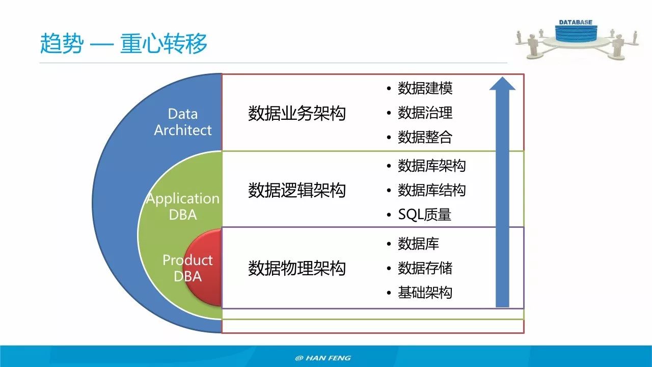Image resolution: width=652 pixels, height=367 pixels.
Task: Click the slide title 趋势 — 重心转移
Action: coord(124,44)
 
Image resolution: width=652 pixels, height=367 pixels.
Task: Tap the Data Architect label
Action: coord(182,122)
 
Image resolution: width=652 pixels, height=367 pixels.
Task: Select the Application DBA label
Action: coord(182,206)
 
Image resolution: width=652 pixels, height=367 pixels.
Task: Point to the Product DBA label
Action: coord(187,268)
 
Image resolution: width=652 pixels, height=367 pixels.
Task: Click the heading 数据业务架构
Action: coord(296,113)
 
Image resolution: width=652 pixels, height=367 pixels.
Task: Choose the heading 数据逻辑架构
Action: coord(296,191)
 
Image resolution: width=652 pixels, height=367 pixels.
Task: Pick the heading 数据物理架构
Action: coord(296,268)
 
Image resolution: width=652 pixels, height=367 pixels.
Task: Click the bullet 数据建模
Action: coord(425,88)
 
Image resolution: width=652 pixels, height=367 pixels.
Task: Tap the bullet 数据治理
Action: coord(425,113)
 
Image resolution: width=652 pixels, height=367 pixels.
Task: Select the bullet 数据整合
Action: coord(425,137)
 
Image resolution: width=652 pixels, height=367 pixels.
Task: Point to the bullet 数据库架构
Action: coord(431,166)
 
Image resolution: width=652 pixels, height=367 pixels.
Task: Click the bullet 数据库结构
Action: coord(431,190)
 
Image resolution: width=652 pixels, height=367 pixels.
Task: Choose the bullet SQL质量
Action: coord(424,215)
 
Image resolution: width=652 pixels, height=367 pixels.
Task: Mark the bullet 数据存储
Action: coord(425,268)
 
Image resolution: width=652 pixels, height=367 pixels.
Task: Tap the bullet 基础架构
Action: coord(425,293)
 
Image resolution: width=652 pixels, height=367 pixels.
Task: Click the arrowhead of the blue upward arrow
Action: coord(502,84)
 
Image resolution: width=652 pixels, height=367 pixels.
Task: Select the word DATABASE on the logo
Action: coord(576,22)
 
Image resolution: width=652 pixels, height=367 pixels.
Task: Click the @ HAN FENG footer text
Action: coord(323,358)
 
